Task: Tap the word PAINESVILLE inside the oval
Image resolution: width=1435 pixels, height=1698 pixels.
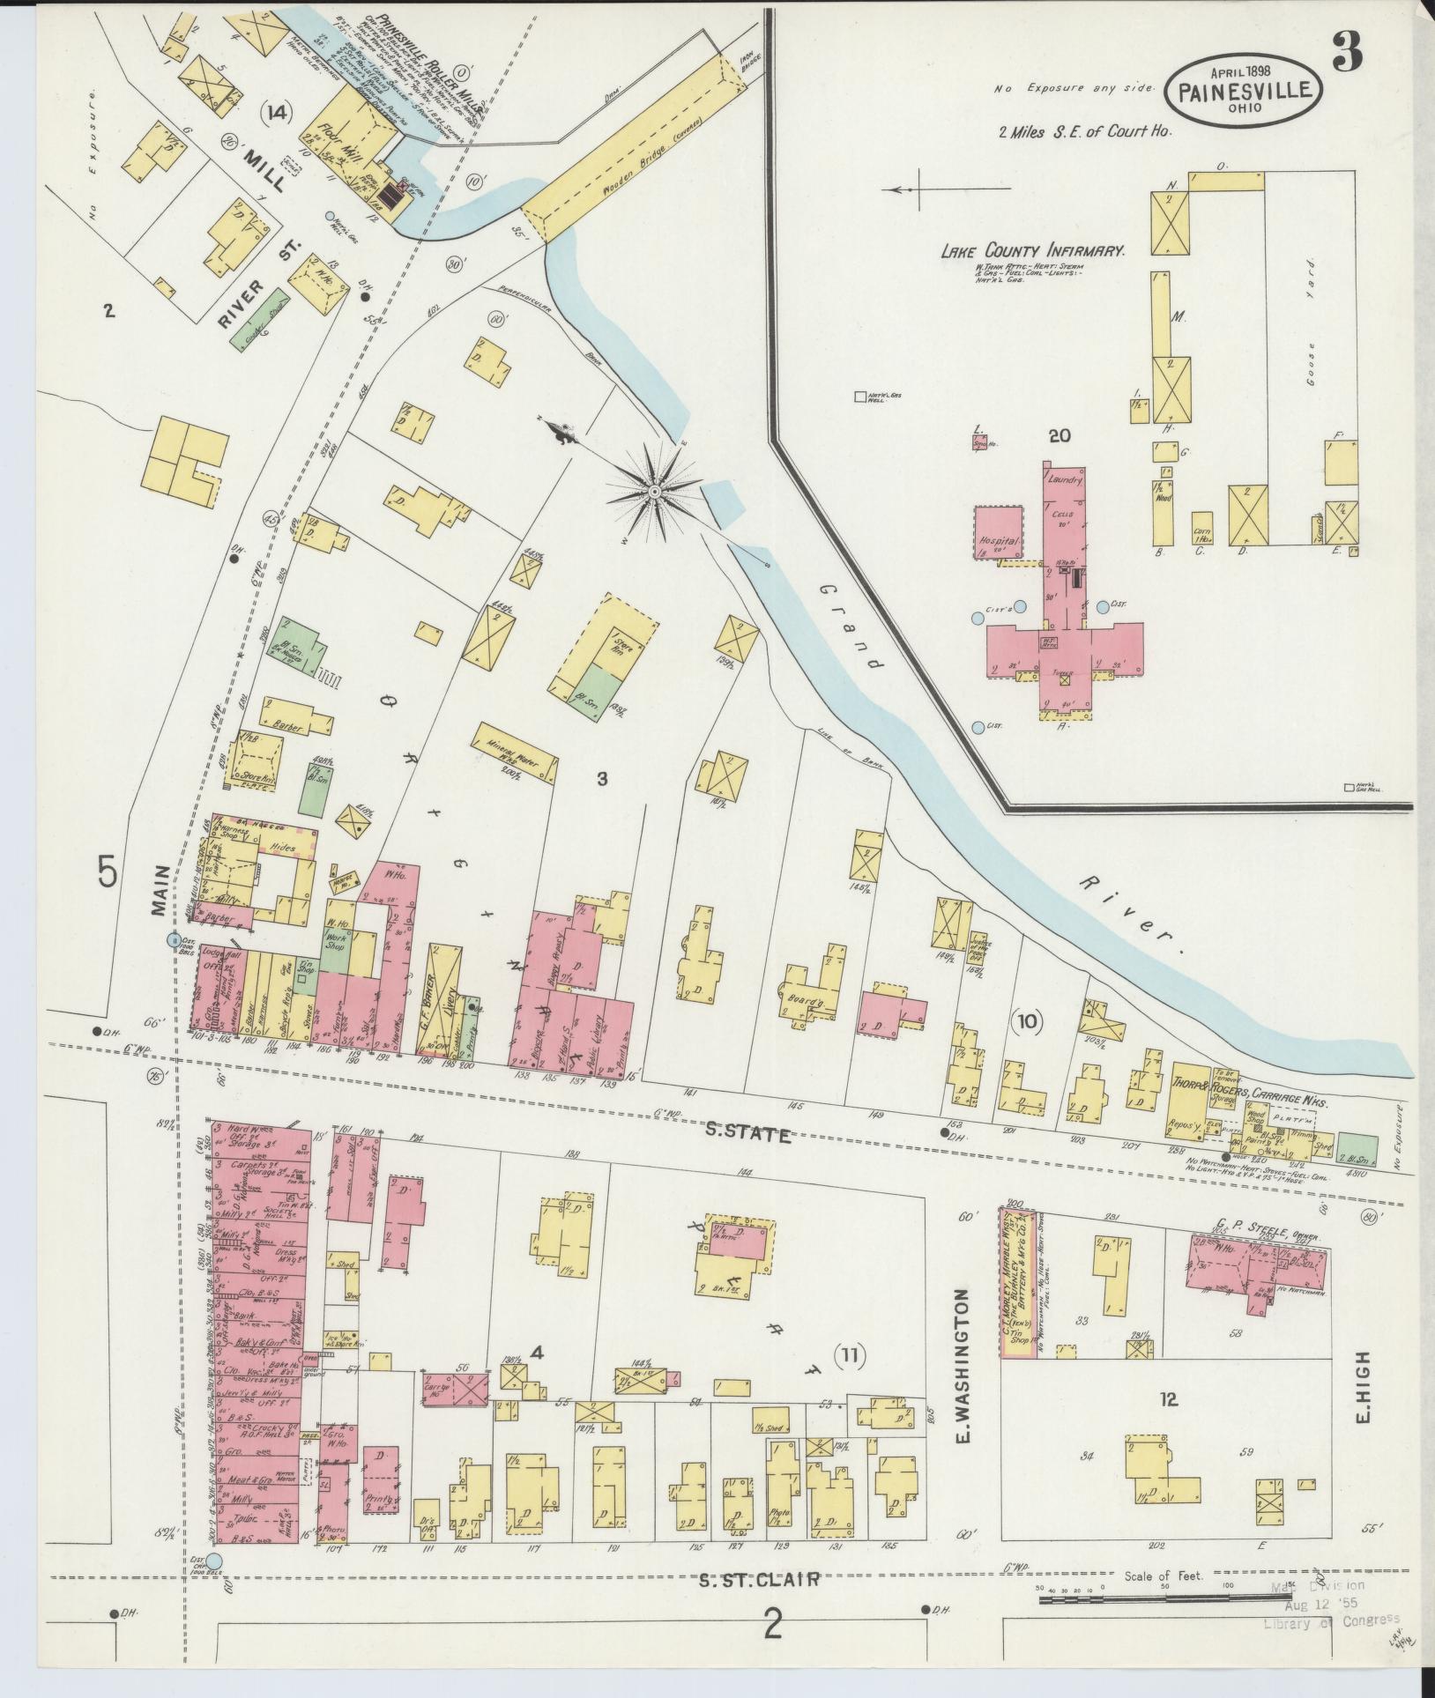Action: click(x=1245, y=90)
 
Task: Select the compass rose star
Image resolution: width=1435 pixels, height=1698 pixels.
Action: click(x=656, y=490)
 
